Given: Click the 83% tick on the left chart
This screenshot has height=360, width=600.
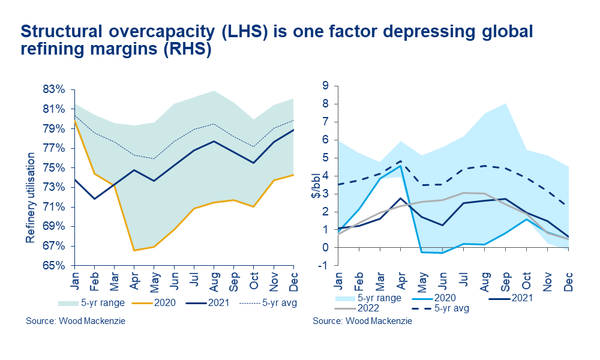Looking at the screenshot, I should [54, 89].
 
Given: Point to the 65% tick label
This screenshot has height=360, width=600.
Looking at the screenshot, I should [54, 265].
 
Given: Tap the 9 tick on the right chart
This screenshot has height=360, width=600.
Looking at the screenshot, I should [325, 86].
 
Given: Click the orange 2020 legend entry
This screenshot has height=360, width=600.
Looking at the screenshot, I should [158, 302].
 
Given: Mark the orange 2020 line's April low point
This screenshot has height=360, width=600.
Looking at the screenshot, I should [133, 250].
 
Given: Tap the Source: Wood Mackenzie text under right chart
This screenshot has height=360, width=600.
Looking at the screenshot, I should [362, 321].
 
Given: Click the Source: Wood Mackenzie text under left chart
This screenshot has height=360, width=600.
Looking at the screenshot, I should [76, 321].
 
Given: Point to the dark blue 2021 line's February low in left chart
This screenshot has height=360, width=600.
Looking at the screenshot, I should [94, 199].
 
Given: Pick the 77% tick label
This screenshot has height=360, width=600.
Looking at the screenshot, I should [54, 148].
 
